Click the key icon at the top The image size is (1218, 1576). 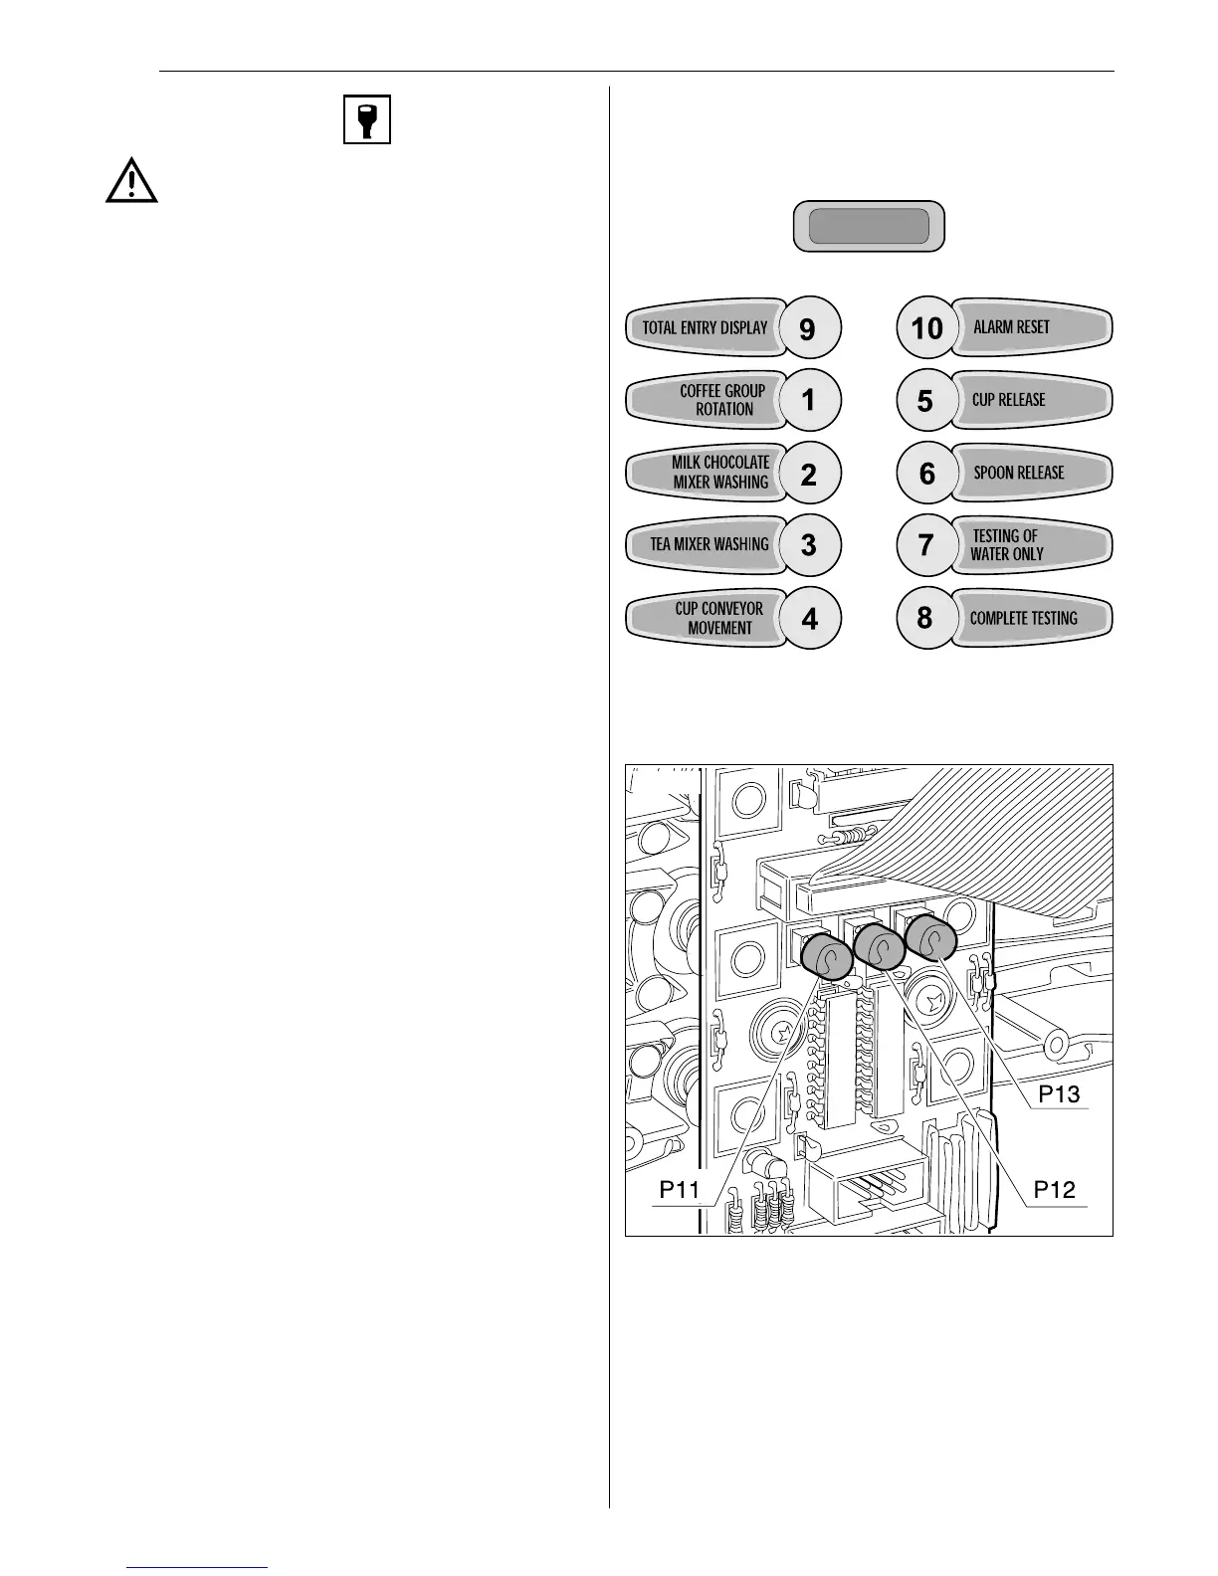click(x=367, y=119)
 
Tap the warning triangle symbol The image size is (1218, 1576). click(x=131, y=183)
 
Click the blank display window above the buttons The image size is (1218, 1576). click(x=868, y=227)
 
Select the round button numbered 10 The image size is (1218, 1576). click(x=926, y=327)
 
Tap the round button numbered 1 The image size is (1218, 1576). click(x=808, y=400)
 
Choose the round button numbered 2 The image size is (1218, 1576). click(x=808, y=473)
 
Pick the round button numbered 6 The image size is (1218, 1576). click(x=926, y=473)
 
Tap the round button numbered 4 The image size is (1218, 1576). click(x=808, y=618)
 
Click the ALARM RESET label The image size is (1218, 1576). click(x=1012, y=327)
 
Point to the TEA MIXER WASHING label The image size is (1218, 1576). click(x=710, y=544)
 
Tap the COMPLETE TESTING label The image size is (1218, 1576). click(x=1024, y=618)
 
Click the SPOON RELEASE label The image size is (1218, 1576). click(x=1019, y=473)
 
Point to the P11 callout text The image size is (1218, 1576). click(x=681, y=1189)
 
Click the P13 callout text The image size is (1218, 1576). click(x=1059, y=1094)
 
